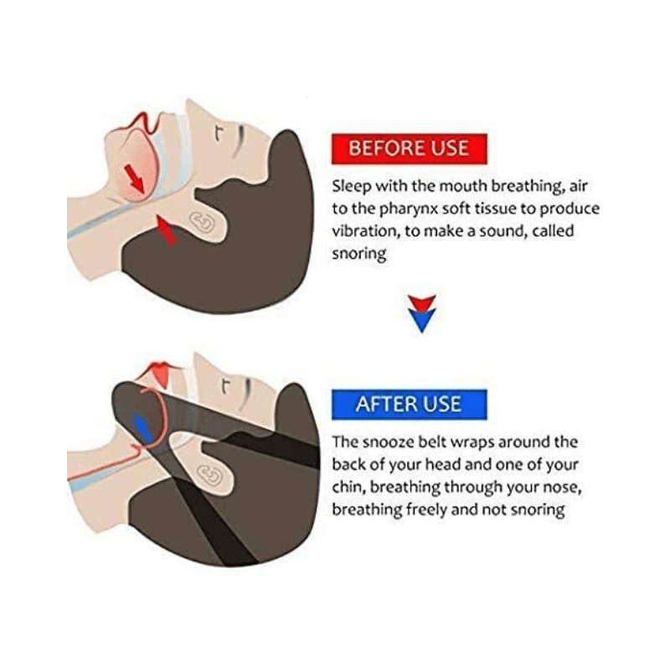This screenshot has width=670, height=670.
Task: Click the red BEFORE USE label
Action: pos(408,148)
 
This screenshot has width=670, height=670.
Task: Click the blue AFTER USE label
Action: pos(408,404)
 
